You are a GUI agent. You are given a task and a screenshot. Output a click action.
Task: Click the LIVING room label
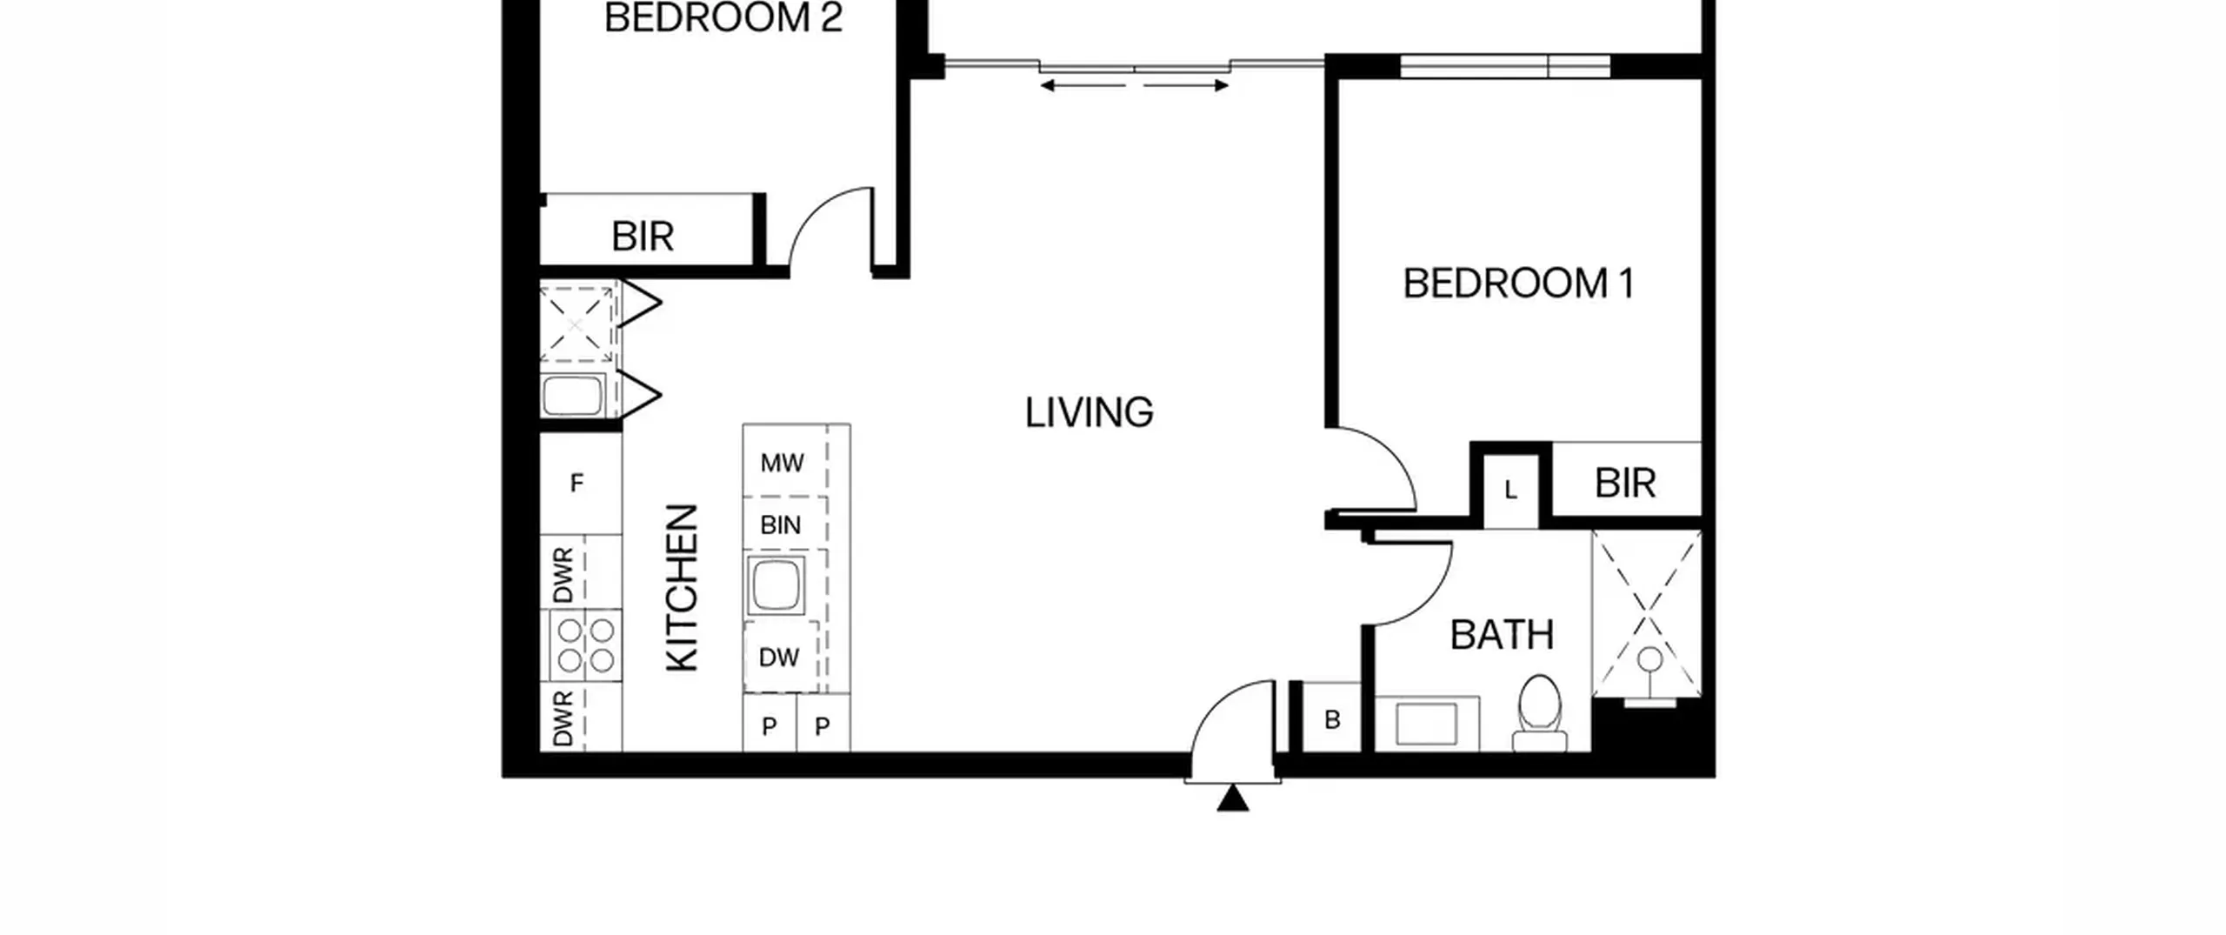tap(1089, 413)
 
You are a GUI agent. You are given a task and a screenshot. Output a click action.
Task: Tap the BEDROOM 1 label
tap(1518, 284)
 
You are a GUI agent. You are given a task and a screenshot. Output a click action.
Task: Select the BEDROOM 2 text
tap(723, 17)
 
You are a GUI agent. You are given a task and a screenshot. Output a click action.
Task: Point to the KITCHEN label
tap(683, 588)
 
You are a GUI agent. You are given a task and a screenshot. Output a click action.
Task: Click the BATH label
tap(1502, 635)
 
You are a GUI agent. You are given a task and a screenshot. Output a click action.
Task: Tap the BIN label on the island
tap(780, 525)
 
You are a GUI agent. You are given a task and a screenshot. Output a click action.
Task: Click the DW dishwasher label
tap(778, 658)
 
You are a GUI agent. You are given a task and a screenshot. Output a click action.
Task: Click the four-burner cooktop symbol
tap(585, 645)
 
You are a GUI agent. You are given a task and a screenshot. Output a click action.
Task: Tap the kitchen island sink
tap(776, 584)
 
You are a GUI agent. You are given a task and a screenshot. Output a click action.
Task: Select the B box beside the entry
tap(1331, 718)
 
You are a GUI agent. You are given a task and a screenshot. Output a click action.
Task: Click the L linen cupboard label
tap(1510, 491)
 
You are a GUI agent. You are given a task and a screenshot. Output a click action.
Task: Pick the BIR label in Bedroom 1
tap(1624, 484)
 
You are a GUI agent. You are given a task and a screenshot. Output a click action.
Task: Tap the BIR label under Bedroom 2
tap(643, 237)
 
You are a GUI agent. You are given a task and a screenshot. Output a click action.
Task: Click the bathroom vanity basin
tap(1426, 724)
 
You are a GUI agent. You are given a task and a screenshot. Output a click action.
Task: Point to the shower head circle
tap(1650, 659)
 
